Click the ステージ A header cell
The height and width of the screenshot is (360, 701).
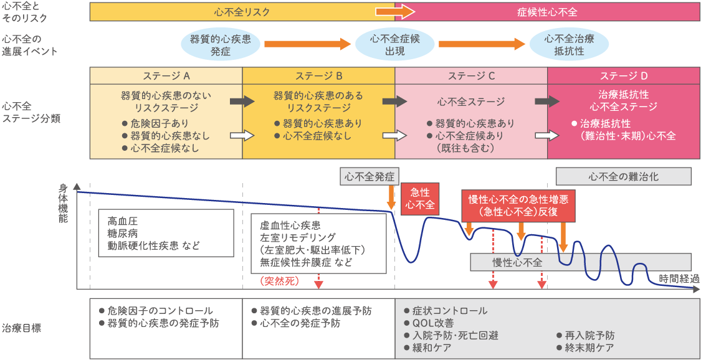[166, 75]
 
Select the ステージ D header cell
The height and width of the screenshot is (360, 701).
[623, 75]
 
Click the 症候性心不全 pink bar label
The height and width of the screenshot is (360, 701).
[547, 11]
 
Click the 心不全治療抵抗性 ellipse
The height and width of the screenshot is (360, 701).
[568, 44]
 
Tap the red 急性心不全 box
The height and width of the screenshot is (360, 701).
[419, 198]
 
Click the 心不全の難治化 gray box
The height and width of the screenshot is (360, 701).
[622, 176]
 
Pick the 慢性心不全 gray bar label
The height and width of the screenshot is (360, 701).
[517, 262]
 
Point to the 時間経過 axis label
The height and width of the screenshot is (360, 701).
[679, 278]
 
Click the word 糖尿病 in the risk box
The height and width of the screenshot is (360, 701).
[121, 234]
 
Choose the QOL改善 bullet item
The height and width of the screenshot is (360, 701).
[433, 323]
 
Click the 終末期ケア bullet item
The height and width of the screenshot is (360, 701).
[589, 348]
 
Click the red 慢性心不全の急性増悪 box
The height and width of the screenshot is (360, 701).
[518, 204]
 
